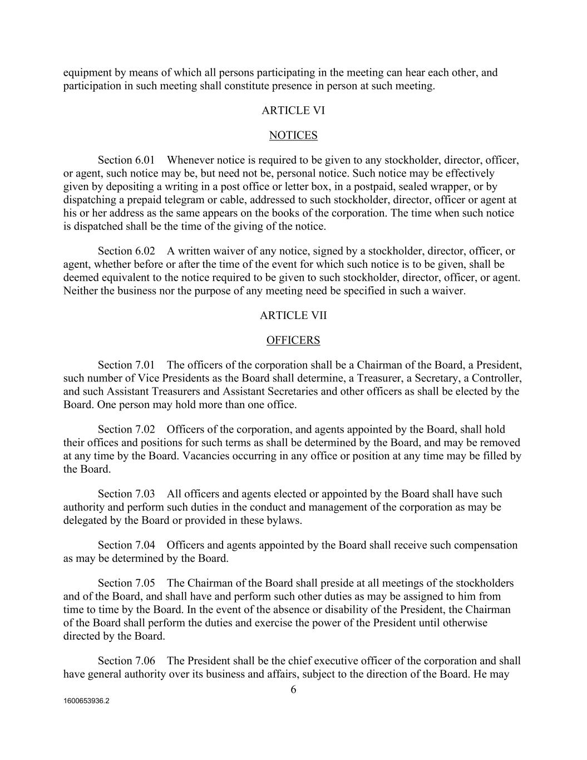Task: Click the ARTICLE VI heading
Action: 293,110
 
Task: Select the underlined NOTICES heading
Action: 293,135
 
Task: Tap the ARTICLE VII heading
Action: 293,315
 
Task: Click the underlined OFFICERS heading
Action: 293,340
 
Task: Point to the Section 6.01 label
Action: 126,160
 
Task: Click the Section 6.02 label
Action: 126,251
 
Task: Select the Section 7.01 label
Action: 126,365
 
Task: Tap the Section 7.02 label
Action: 126,429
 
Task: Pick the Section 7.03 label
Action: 126,494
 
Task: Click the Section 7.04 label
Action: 126,545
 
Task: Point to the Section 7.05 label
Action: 126,583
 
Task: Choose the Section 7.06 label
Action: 126,661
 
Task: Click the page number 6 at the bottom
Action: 293,690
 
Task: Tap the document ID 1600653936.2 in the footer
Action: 86,702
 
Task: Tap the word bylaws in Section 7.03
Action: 284,521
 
